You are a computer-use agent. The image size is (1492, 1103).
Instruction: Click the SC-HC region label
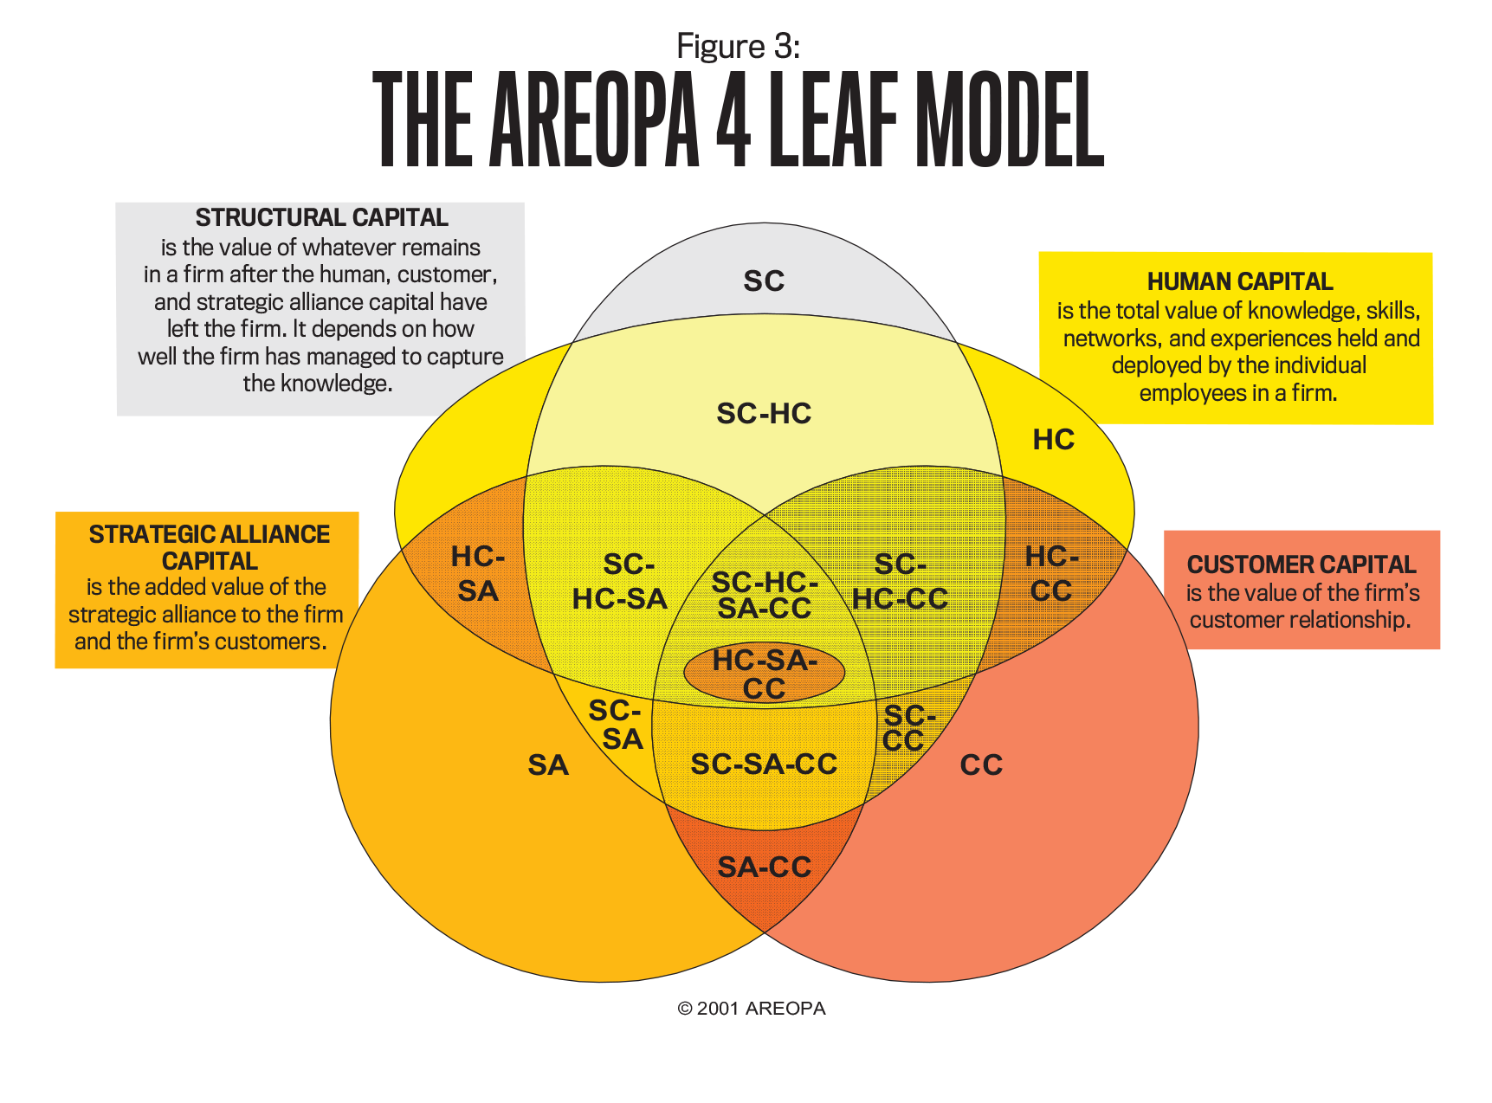coord(764,414)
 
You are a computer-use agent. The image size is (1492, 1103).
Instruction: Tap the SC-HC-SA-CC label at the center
coord(764,595)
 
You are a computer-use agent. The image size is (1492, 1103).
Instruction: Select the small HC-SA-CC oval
coord(764,673)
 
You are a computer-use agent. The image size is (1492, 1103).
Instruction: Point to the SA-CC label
coord(764,867)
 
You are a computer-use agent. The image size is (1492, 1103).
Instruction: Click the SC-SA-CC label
coord(764,764)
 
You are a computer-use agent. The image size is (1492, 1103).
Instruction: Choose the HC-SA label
coord(478,573)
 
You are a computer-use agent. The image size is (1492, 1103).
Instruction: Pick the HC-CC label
coord(1051,573)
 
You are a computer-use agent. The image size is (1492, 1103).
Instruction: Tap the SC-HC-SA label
coord(620,582)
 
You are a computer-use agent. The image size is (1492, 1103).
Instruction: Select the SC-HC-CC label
coord(901,582)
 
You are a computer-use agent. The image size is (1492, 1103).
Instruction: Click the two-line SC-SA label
coord(617,725)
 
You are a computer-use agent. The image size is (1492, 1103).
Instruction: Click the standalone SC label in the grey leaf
coord(764,281)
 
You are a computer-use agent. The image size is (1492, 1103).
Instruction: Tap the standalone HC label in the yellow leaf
coord(1053,440)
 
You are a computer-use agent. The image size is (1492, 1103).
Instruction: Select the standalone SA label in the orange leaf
coord(548,765)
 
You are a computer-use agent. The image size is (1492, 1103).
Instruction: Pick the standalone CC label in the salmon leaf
coord(981,765)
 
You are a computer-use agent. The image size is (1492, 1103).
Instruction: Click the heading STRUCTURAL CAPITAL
coord(321,217)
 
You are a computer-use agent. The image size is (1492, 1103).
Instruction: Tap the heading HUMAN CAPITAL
coord(1239,281)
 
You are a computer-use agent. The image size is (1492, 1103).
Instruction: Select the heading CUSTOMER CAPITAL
coord(1301,564)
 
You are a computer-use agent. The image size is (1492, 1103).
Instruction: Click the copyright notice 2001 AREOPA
coord(752,1009)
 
